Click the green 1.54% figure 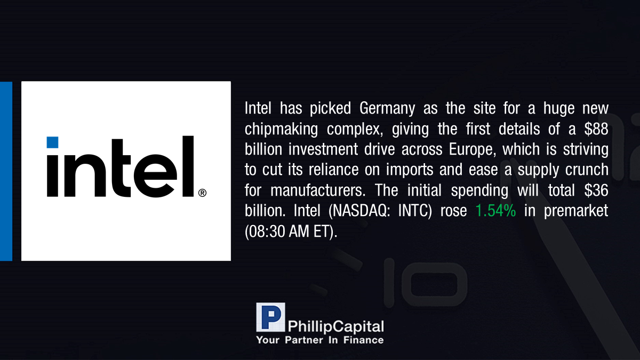click(x=495, y=211)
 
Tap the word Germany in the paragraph click(x=387, y=109)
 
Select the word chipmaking click(x=281, y=130)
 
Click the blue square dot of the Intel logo click(x=52, y=142)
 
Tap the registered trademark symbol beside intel click(x=202, y=193)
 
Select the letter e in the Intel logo click(x=155, y=175)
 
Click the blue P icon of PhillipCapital click(x=270, y=317)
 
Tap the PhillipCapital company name click(x=335, y=326)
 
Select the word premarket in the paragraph click(x=576, y=211)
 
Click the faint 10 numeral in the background click(x=426, y=283)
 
